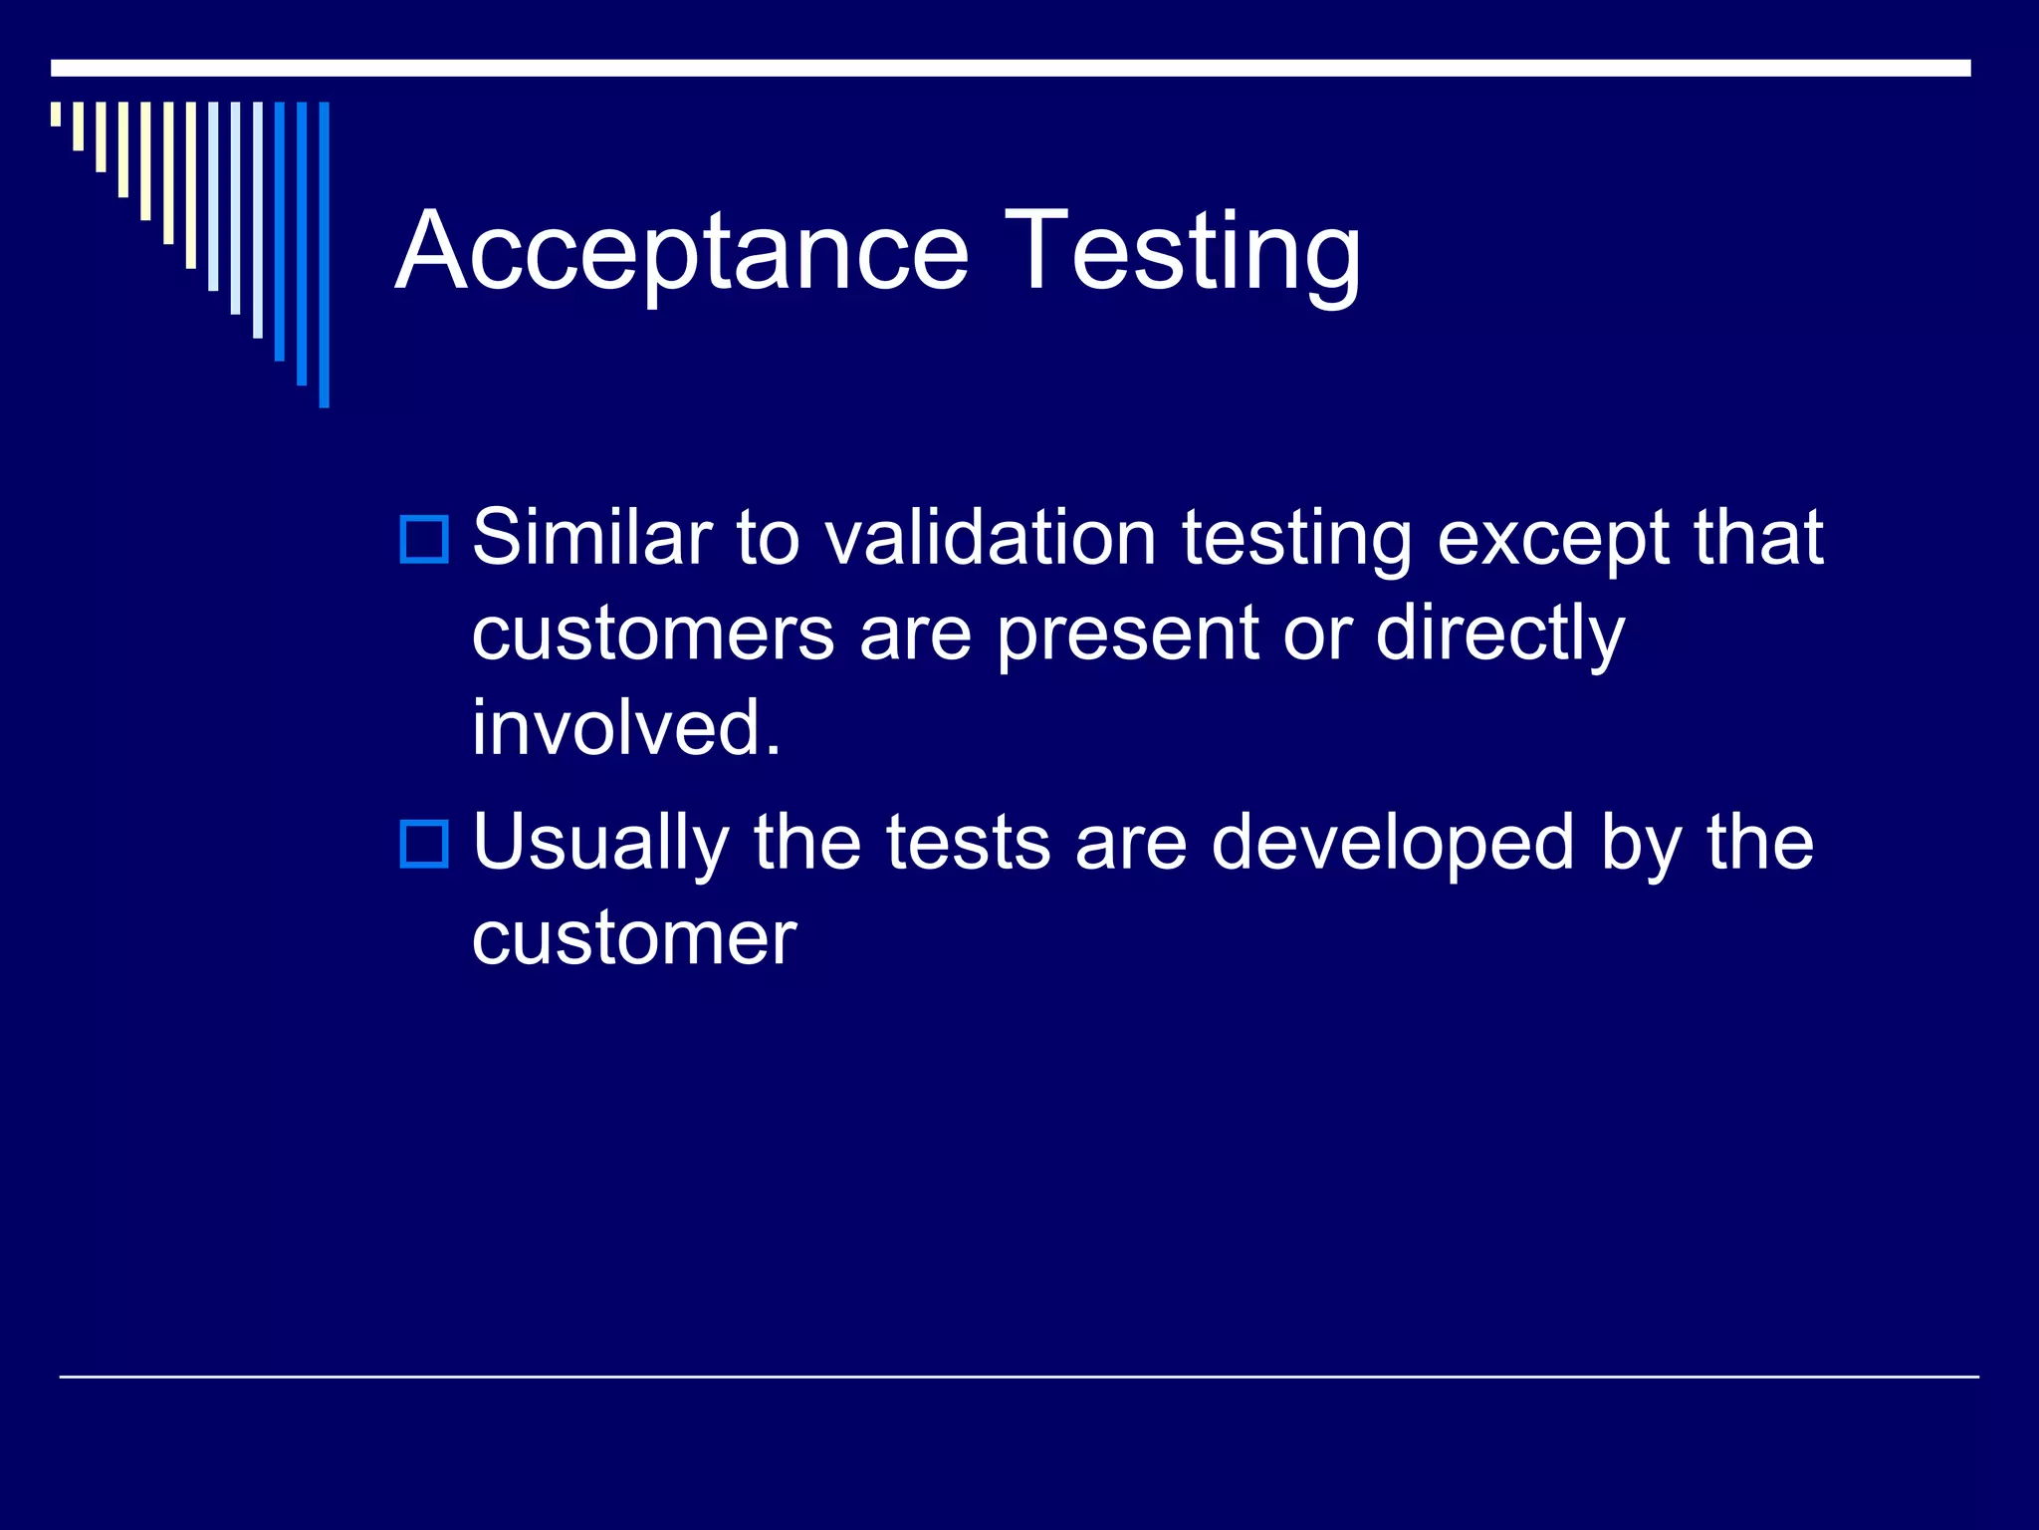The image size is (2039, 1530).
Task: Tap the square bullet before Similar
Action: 424,540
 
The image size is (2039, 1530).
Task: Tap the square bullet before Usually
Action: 424,844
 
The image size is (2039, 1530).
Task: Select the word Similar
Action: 591,538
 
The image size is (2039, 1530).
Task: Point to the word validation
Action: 990,538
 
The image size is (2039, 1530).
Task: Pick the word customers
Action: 652,635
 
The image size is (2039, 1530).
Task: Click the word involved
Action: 626,728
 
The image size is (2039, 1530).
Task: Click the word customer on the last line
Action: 634,938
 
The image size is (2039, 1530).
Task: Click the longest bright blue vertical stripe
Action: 324,254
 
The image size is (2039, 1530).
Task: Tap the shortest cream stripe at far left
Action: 56,114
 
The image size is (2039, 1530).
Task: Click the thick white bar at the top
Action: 1011,68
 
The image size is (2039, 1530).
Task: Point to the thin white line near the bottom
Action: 1019,1377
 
